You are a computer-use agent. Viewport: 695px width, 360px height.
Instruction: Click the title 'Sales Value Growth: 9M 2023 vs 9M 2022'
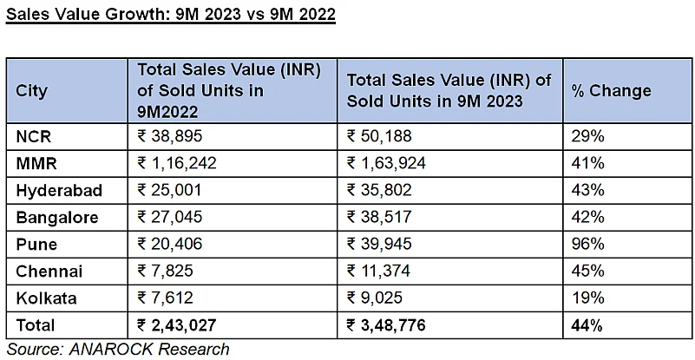tap(171, 16)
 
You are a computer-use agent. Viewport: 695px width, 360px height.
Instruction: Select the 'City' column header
tap(31, 90)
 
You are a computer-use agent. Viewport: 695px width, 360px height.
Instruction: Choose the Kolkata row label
tap(46, 298)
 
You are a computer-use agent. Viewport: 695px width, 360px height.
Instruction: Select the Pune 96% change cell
tap(587, 244)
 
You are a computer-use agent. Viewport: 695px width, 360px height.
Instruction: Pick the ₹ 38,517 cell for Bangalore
tap(379, 217)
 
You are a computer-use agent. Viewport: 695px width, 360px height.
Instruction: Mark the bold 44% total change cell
tap(587, 325)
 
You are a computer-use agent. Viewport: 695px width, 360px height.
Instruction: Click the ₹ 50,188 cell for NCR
tap(379, 135)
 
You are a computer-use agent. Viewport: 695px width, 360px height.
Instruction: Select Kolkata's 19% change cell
tap(587, 298)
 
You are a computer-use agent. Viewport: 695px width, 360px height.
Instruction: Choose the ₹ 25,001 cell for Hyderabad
tap(170, 190)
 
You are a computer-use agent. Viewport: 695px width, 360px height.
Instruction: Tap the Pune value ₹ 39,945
tap(379, 244)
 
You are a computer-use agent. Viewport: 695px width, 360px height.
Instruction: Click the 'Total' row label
tap(36, 325)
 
